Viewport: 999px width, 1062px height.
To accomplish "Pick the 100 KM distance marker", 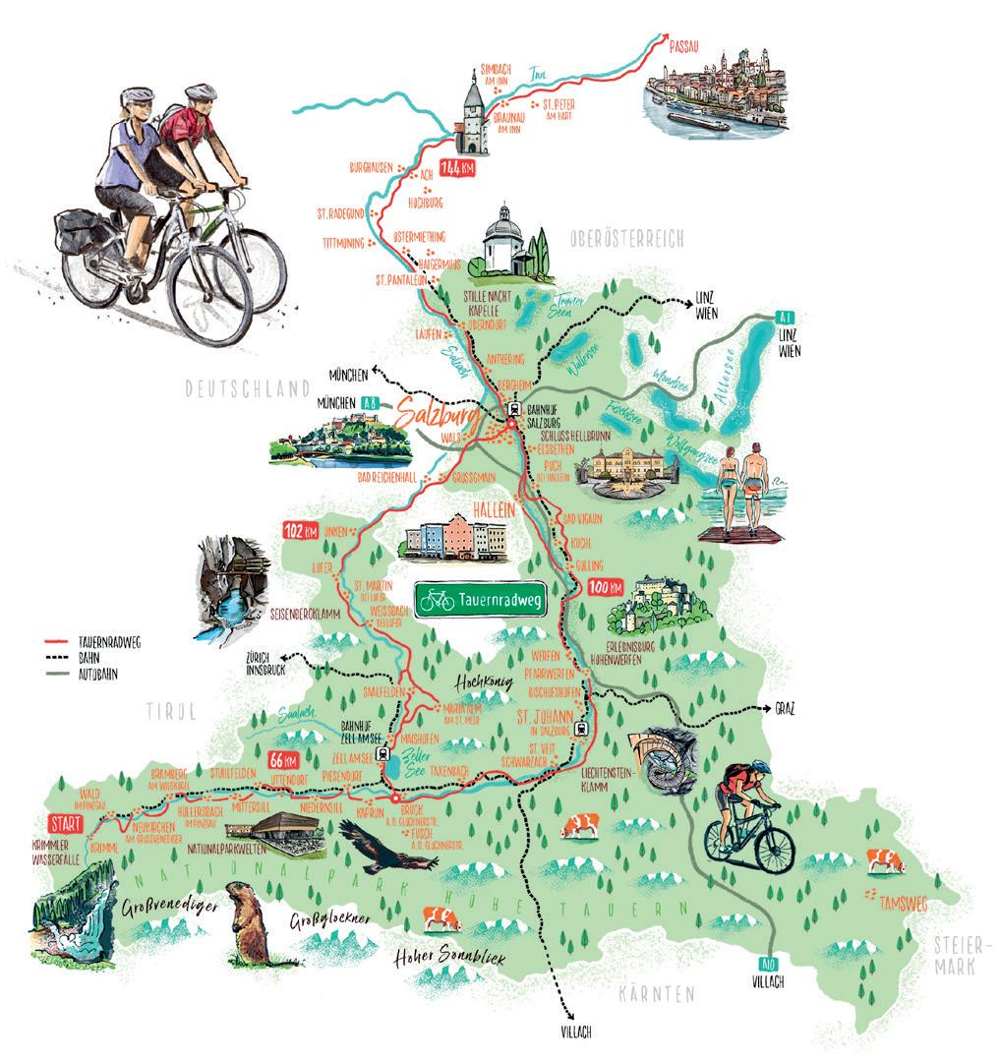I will (x=604, y=588).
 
